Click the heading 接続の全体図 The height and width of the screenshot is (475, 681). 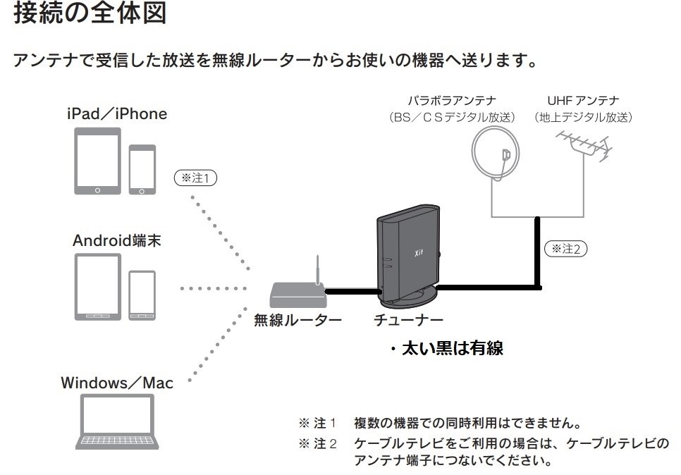tap(90, 16)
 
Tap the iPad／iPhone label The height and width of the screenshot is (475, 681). tap(116, 113)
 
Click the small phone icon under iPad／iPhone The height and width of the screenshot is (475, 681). tap(142, 169)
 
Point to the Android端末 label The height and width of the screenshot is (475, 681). tap(117, 240)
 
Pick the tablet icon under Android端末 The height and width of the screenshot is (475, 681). tap(97, 288)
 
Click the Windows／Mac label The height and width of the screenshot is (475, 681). tap(116, 383)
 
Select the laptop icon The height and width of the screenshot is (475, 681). tap(118, 421)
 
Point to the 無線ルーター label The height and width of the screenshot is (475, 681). tap(297, 321)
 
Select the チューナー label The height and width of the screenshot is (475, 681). tap(409, 321)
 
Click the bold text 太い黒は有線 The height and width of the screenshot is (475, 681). tap(451, 348)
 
